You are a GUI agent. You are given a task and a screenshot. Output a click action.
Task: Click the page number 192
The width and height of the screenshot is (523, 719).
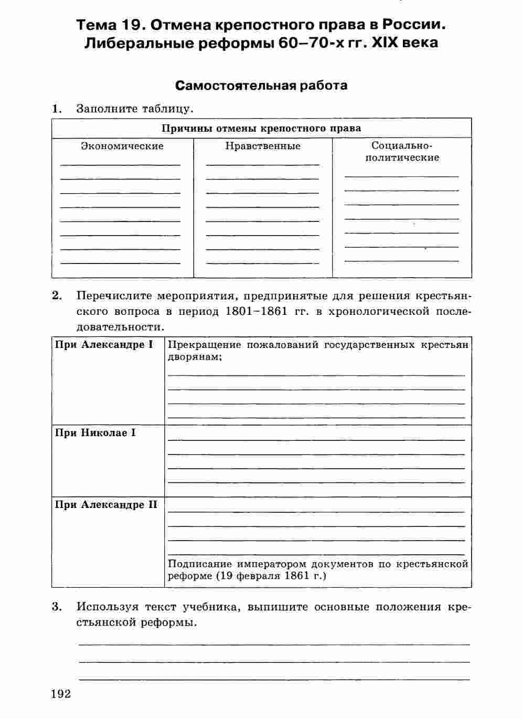click(61, 694)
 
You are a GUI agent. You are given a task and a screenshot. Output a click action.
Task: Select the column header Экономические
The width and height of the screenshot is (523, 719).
click(122, 146)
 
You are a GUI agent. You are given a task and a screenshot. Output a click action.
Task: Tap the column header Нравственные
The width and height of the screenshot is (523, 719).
click(263, 146)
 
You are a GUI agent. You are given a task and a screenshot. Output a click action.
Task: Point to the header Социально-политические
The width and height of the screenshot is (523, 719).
click(402, 152)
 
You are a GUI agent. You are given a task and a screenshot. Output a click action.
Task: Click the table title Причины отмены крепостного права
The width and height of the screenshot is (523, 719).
click(261, 128)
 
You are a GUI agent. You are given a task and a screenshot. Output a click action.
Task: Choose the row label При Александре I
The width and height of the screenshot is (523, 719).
click(104, 345)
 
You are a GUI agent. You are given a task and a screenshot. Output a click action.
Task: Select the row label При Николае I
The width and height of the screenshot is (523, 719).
click(95, 433)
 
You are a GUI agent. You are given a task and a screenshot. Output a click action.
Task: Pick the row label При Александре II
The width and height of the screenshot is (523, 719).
click(106, 505)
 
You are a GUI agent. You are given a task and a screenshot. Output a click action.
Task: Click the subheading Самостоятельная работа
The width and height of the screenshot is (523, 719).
click(261, 85)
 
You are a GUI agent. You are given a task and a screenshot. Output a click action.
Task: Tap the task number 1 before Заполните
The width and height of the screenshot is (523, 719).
click(57, 109)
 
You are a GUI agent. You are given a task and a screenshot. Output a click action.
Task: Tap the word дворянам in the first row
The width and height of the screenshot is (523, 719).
click(193, 357)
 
